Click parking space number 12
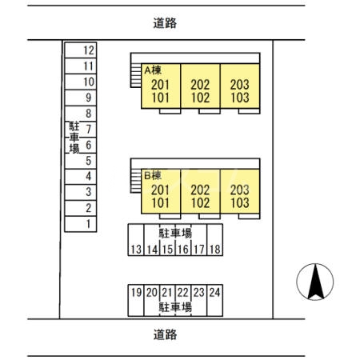pos(81,50)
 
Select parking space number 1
pos(81,224)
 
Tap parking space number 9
pos(81,98)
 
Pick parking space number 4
pos(81,177)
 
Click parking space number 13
pos(136,240)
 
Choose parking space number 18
pos(215,240)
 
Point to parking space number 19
pos(136,301)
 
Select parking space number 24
pos(215,301)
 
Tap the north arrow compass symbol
pos(315,282)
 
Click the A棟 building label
pos(153,70)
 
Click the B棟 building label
pos(153,175)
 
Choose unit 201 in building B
pos(160,190)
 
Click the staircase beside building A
pos(136,75)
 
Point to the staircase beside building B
pos(136,181)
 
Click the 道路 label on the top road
pos(165,23)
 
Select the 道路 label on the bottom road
pos(165,334)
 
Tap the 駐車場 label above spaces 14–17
pos(175,233)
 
